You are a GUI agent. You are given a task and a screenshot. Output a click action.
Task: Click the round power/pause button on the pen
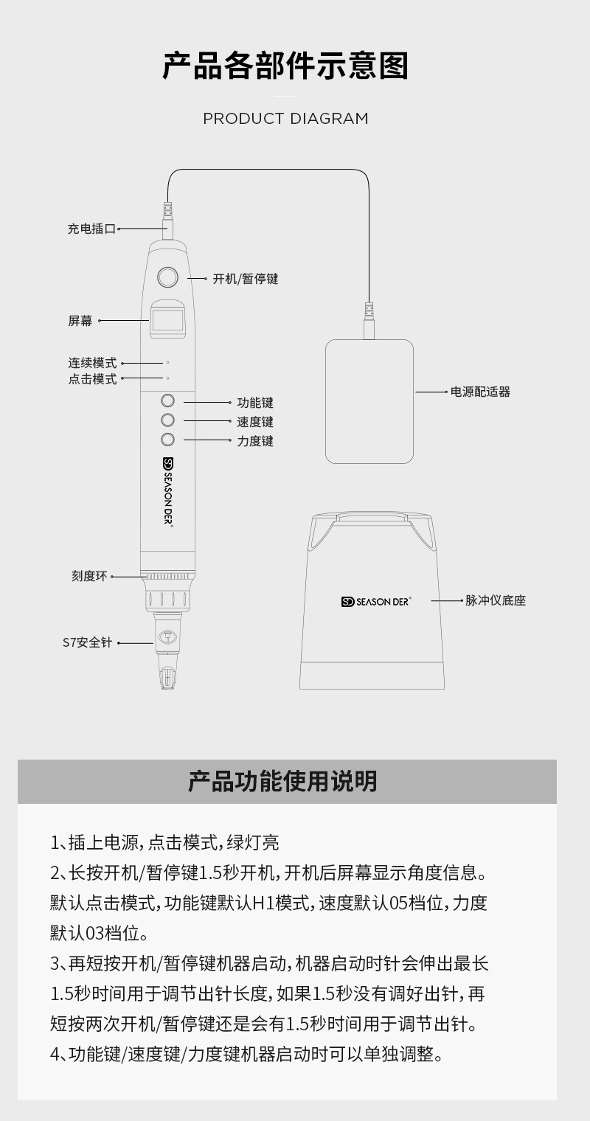click(x=167, y=277)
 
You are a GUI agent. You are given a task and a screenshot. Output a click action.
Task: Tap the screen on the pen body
click(x=167, y=321)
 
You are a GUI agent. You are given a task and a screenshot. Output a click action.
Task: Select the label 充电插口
click(x=91, y=229)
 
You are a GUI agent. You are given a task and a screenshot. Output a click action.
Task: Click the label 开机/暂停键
click(x=246, y=279)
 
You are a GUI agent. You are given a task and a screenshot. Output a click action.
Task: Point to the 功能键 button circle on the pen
click(x=167, y=400)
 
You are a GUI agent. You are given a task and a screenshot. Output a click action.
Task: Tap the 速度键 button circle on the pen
click(x=167, y=420)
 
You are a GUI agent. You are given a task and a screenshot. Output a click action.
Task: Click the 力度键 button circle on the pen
click(x=167, y=440)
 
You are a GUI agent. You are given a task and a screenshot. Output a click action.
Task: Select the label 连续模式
click(x=92, y=363)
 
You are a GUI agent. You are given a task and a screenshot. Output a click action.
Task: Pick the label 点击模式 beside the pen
click(x=92, y=379)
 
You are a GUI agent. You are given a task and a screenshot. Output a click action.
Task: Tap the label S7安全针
click(x=87, y=643)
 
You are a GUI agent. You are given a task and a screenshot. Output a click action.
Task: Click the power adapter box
click(x=369, y=401)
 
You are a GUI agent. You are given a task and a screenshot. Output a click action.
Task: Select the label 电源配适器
click(x=480, y=392)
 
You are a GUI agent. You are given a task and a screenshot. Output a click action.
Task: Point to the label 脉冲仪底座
click(x=495, y=600)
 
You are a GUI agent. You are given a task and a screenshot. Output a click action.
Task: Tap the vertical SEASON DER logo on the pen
click(x=167, y=490)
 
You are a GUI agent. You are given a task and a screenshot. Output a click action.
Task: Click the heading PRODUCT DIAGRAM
click(x=285, y=119)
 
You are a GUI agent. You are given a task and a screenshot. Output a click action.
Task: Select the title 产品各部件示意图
click(x=285, y=66)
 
